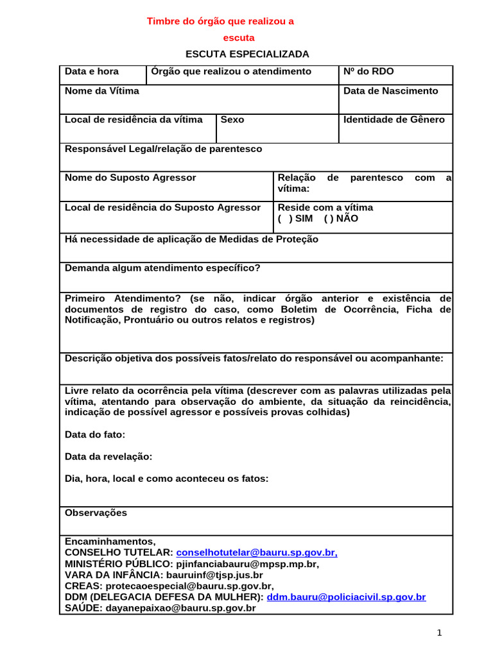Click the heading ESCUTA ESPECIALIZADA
pos(247,54)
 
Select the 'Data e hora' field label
pos(92,72)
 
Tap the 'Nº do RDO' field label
pos(368,72)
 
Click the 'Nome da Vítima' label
pos(102,91)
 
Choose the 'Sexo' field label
pos(232,120)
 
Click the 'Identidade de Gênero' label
pos(394,120)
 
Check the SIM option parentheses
pos(284,218)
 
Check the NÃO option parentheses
pos(328,218)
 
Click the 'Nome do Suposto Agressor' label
pos(130,178)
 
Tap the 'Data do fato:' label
pos(95,435)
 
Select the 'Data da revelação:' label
pos(108,457)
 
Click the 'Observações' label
pos(96,513)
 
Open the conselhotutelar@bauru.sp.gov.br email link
pos(257,553)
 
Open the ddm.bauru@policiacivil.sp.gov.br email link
pos(346,597)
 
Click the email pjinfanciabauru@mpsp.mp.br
pos(246,565)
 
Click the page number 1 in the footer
pos(440,633)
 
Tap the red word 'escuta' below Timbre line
pos(239,38)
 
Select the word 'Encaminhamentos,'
pos(110,542)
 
